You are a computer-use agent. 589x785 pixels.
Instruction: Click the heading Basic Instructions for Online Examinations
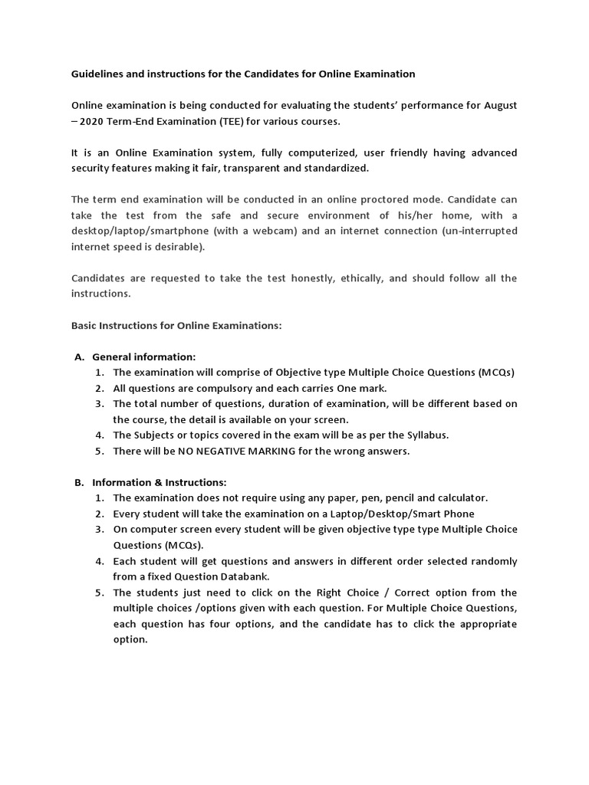(176, 325)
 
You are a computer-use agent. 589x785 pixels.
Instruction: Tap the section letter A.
(78, 356)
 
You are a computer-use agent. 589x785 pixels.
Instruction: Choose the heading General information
(144, 356)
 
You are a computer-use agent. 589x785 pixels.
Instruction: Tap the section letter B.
(78, 482)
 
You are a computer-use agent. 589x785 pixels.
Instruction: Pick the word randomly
(492, 561)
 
